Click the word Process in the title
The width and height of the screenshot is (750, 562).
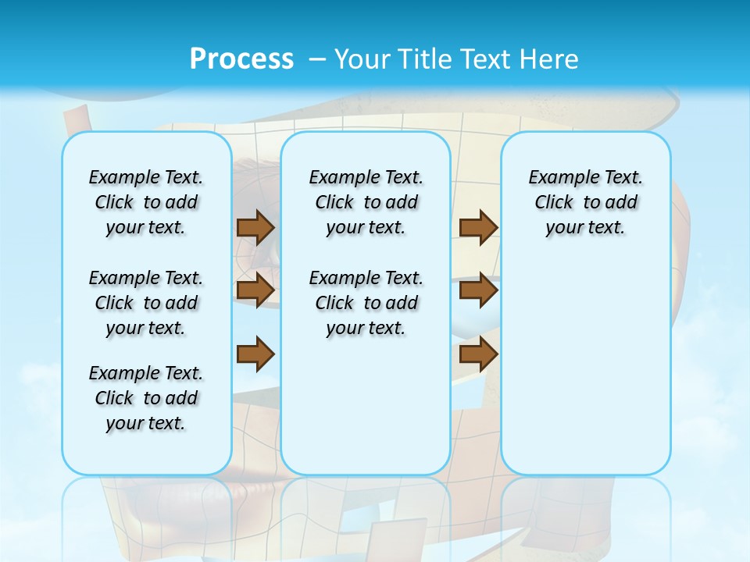click(241, 59)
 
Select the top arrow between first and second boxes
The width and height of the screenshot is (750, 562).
click(255, 227)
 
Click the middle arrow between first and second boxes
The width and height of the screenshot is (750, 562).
click(255, 290)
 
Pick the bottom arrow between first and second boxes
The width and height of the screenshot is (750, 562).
click(255, 354)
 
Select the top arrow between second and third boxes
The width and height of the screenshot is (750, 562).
click(478, 227)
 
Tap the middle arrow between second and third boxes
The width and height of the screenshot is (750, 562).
click(478, 290)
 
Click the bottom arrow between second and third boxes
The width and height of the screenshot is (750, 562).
click(478, 354)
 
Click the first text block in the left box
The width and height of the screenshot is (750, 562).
click(146, 202)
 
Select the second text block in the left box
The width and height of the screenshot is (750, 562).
click(146, 303)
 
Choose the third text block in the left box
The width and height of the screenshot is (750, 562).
click(146, 398)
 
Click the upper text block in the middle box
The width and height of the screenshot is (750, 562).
click(366, 202)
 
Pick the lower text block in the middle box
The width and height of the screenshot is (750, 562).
click(366, 303)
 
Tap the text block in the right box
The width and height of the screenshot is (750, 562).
click(585, 202)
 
